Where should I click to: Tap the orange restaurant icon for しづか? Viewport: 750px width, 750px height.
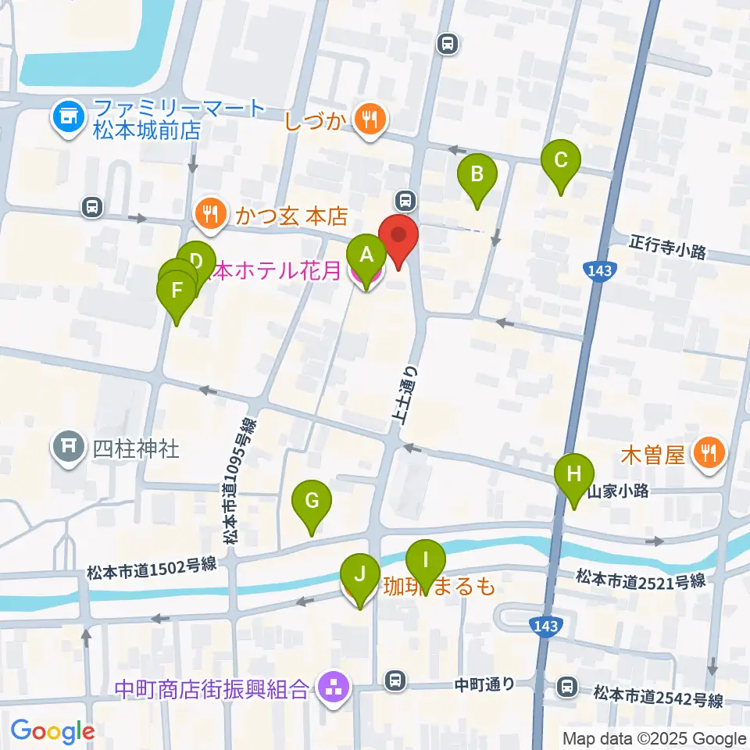tap(367, 119)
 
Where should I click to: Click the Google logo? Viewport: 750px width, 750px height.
tap(53, 730)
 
